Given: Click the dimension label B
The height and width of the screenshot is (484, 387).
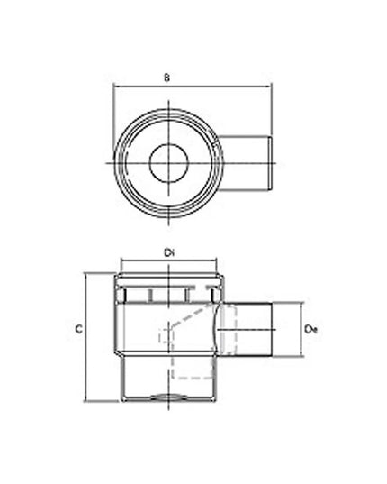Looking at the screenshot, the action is tap(166, 78).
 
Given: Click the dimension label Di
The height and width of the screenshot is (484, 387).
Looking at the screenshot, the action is tap(169, 253).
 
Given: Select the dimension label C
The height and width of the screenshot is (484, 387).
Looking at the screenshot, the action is tap(79, 329).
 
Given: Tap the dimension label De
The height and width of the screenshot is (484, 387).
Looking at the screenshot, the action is tap(310, 329).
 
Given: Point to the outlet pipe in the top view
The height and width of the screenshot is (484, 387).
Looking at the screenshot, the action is tap(245, 163).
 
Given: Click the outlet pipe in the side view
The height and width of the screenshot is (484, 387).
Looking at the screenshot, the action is tap(247, 330).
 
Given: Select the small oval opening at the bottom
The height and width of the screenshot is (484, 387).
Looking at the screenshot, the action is tap(169, 397).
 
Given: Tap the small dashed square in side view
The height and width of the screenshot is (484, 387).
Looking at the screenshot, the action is tap(166, 336).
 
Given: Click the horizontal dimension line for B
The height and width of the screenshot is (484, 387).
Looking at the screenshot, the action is tap(193, 87).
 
